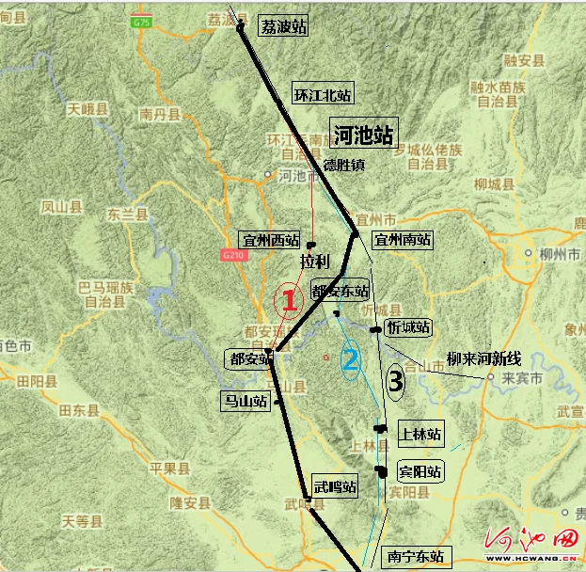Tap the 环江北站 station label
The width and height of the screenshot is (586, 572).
point(323,94)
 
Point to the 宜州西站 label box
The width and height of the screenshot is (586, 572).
point(270,241)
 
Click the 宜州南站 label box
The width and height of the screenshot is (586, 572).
point(403,240)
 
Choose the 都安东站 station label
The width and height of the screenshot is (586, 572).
point(341,292)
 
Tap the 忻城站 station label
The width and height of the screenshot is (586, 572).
point(408,327)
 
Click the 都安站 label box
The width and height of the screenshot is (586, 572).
point(248,357)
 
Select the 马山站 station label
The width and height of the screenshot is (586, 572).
point(243,402)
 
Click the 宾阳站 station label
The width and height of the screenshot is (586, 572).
point(420,470)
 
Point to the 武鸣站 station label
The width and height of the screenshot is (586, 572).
point(336,486)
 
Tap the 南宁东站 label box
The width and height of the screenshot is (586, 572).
point(413,555)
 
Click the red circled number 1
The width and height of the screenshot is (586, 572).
point(290,301)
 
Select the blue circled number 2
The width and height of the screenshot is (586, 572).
point(350,358)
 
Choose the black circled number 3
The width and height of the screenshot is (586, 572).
point(396,381)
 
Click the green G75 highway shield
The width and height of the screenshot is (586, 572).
point(142,21)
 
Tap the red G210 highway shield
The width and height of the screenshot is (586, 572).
point(233,255)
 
